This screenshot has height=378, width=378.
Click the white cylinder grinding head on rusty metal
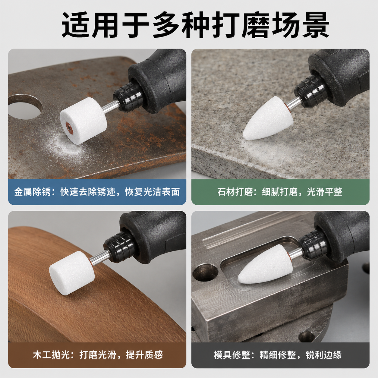point(83,121)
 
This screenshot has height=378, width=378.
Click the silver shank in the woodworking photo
point(100,257)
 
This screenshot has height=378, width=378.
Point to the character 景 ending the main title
point(316,25)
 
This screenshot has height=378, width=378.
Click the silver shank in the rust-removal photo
point(111,107)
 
